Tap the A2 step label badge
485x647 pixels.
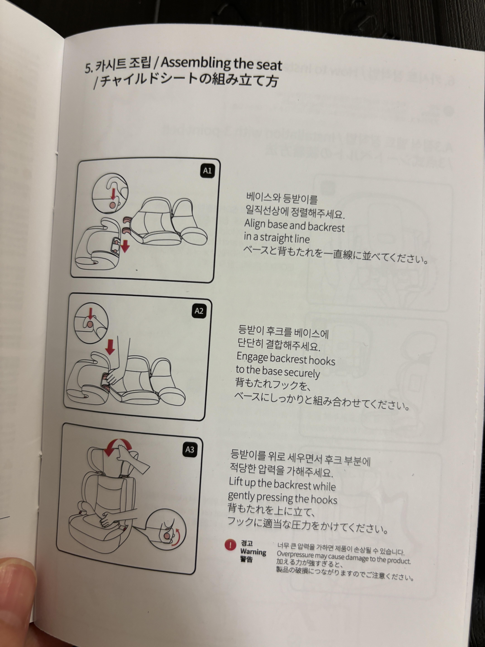coord(199,311)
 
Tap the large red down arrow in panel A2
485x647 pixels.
coord(110,346)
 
